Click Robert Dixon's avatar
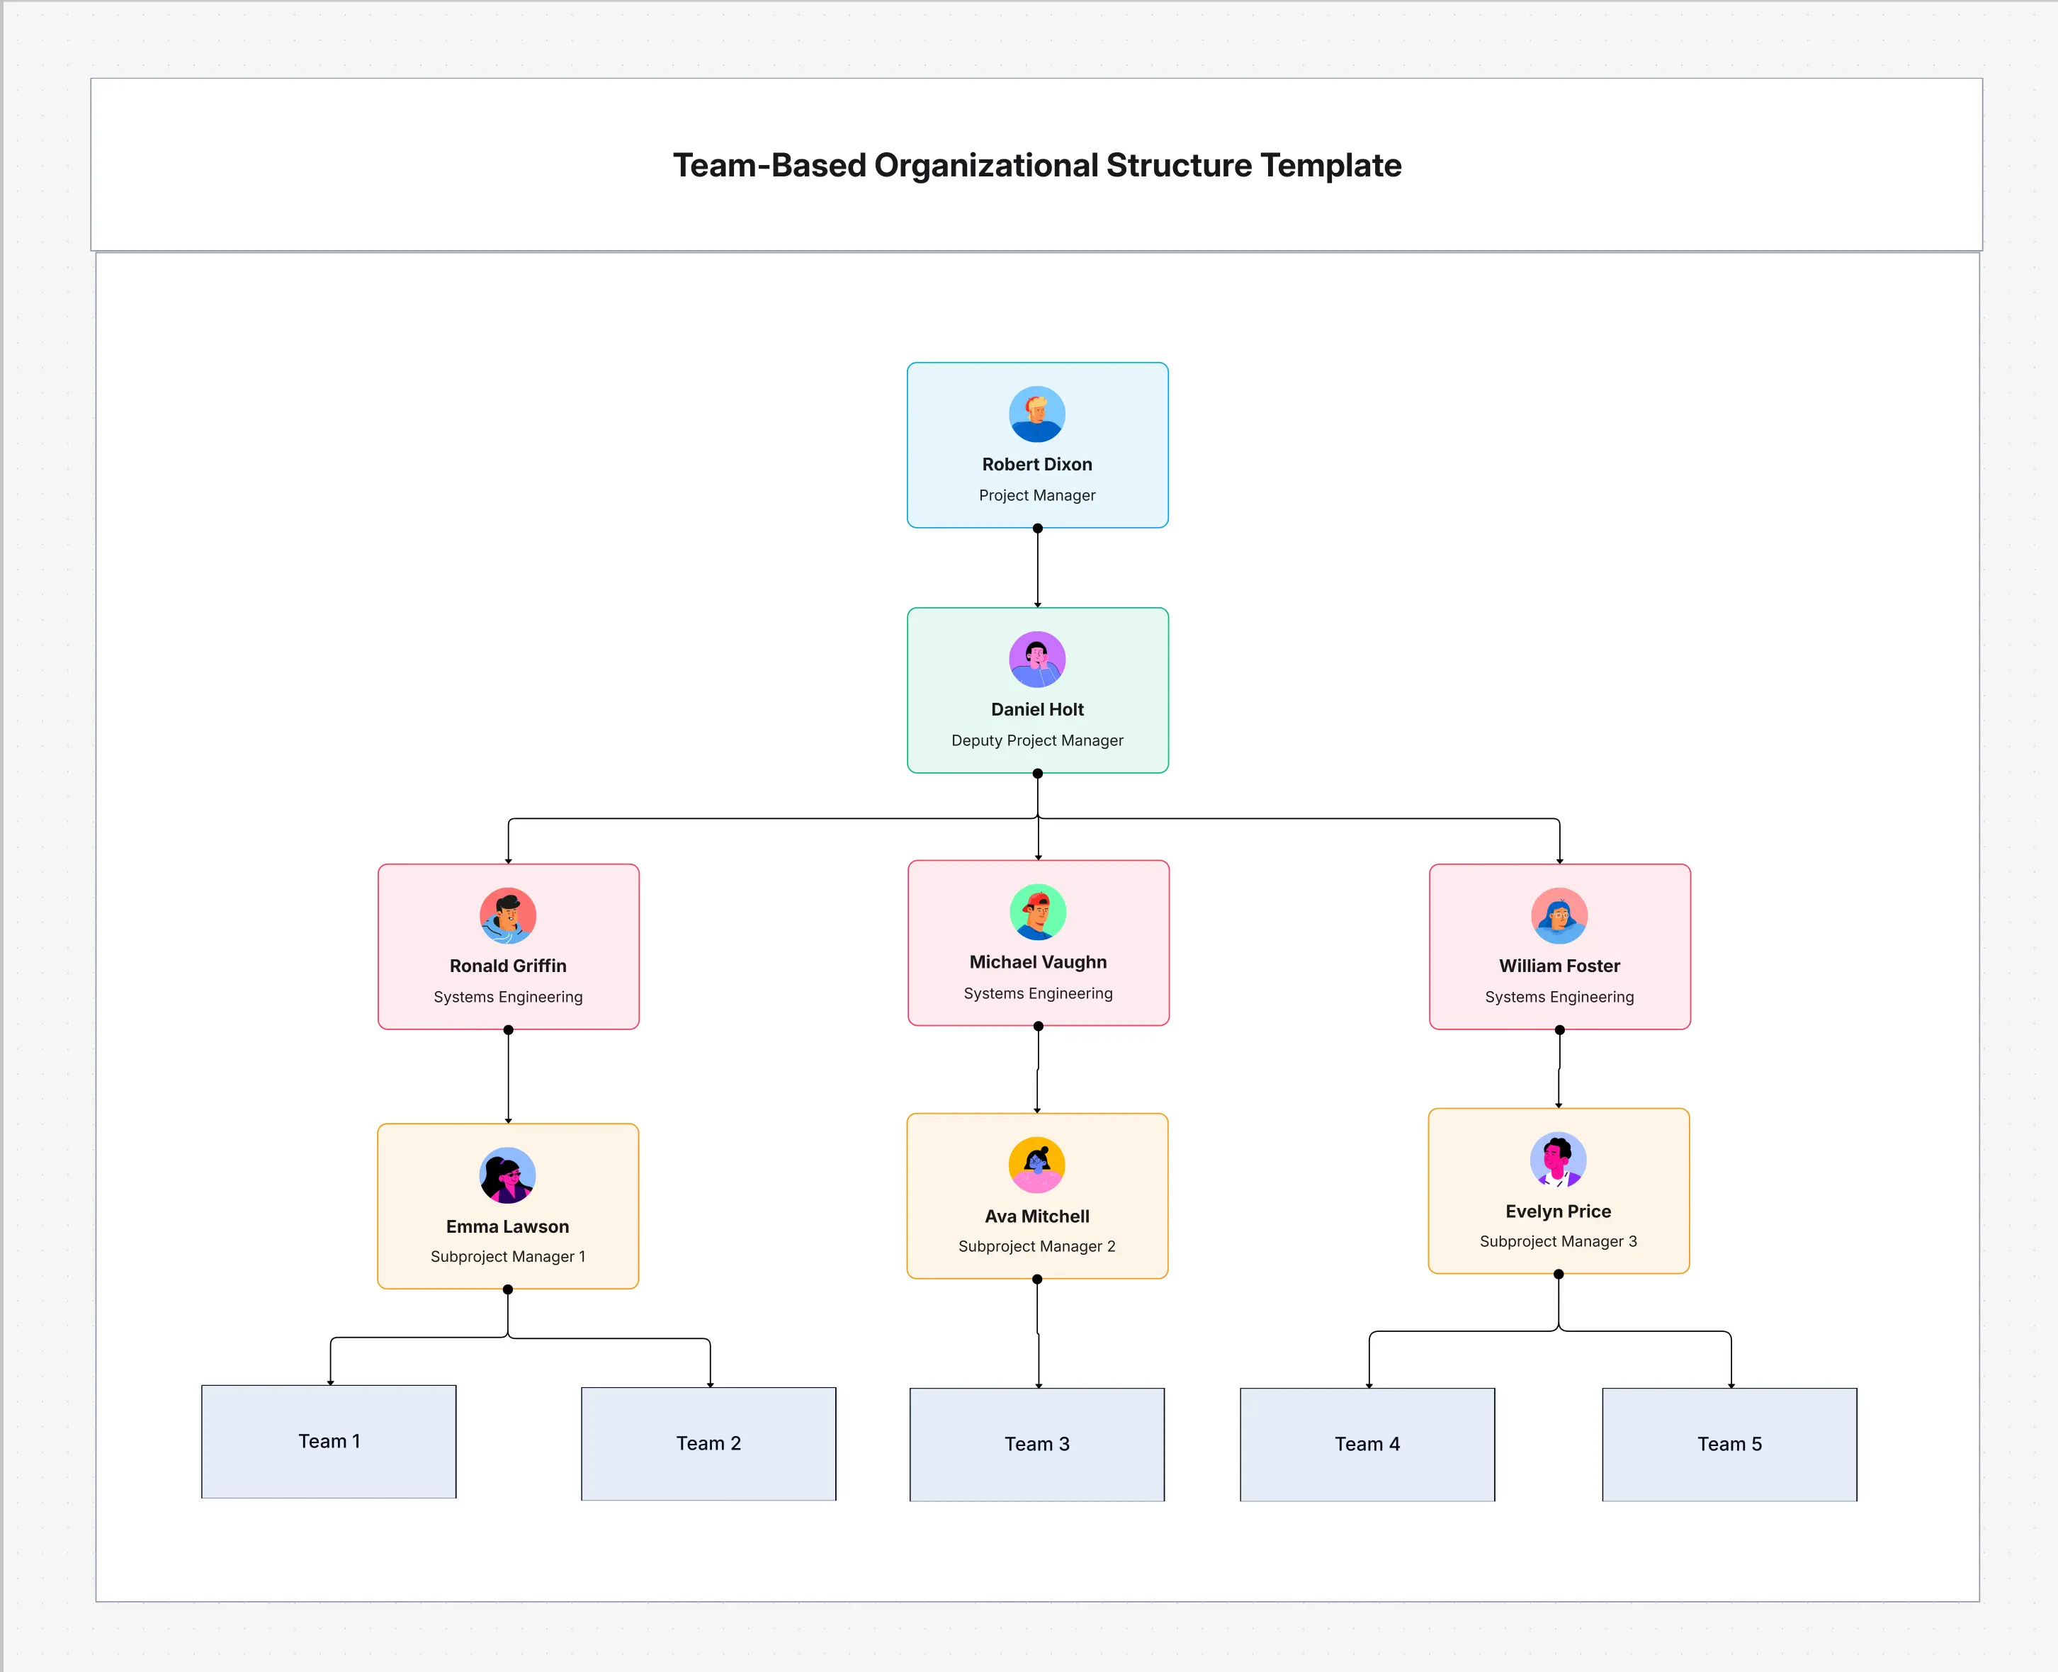1037,414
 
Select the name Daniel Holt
1037,710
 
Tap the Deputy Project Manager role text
1037,740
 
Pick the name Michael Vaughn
1038,962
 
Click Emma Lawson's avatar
507,1175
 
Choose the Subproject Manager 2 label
1037,1246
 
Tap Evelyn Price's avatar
1558,1160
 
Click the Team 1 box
329,1442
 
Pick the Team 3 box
1037,1445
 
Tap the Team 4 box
1367,1445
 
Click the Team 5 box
1729,1445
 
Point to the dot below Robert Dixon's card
1037,529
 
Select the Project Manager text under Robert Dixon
1037,495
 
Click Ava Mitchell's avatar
1037,1165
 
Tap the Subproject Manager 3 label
1558,1241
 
